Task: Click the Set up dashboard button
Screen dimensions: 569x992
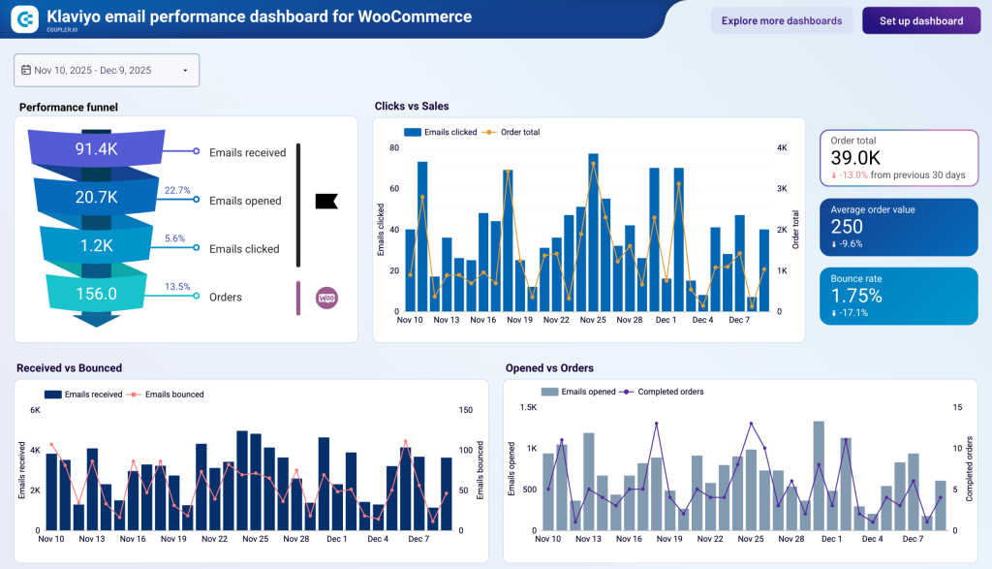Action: pyautogui.click(x=920, y=20)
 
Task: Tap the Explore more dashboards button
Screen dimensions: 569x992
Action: pyautogui.click(x=781, y=20)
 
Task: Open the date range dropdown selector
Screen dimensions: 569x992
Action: pyautogui.click(x=107, y=70)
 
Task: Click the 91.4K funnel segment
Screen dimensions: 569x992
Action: pyautogui.click(x=97, y=149)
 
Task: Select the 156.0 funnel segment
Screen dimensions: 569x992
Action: pyautogui.click(x=97, y=293)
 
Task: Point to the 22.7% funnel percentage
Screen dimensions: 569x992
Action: pyautogui.click(x=177, y=190)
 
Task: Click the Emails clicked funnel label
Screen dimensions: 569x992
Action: pyautogui.click(x=244, y=249)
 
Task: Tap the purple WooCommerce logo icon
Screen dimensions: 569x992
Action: pyautogui.click(x=326, y=298)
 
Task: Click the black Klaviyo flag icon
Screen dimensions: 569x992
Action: pyautogui.click(x=326, y=201)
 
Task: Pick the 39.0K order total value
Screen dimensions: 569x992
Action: pyautogui.click(x=855, y=158)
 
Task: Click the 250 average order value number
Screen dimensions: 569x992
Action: pyautogui.click(x=847, y=226)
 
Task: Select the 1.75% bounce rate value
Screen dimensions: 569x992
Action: pyautogui.click(x=856, y=296)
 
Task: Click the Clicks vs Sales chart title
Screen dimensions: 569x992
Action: pyautogui.click(x=412, y=106)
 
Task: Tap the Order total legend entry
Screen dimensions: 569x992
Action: pyautogui.click(x=519, y=132)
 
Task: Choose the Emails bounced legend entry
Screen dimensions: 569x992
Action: pyautogui.click(x=173, y=395)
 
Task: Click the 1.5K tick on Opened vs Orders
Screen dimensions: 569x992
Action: pyautogui.click(x=527, y=407)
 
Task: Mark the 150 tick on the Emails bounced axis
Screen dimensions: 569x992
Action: pyautogui.click(x=466, y=410)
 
